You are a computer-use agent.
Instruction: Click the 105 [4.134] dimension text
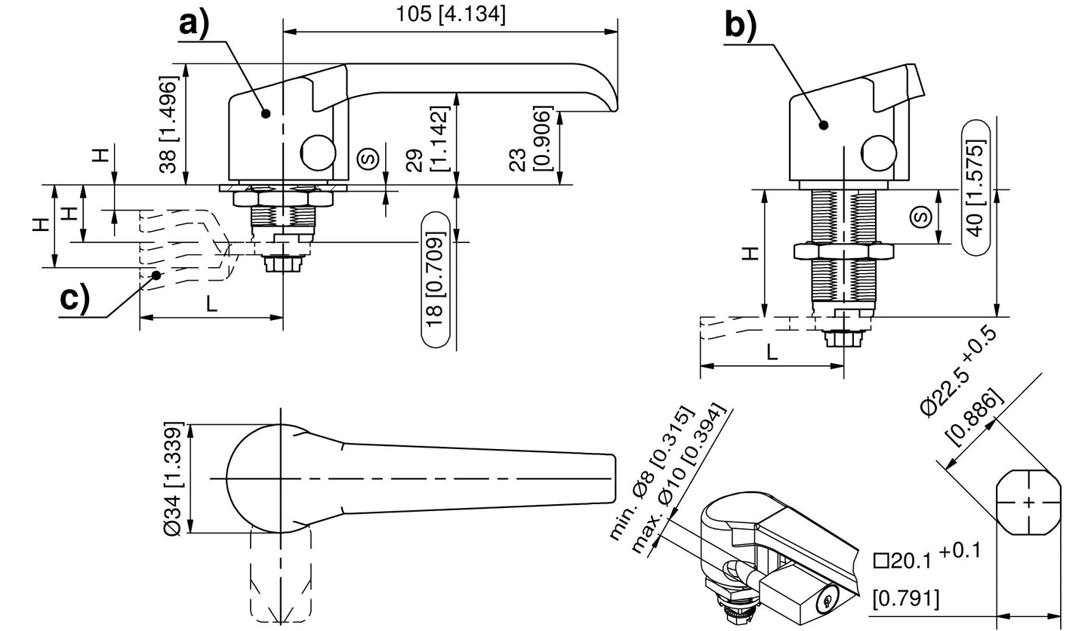click(451, 14)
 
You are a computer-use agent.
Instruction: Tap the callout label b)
click(740, 26)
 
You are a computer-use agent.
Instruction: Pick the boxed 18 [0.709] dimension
click(436, 279)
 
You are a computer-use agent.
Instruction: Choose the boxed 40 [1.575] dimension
click(975, 188)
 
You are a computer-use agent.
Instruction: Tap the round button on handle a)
click(319, 152)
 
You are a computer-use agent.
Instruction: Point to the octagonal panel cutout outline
click(1028, 502)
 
